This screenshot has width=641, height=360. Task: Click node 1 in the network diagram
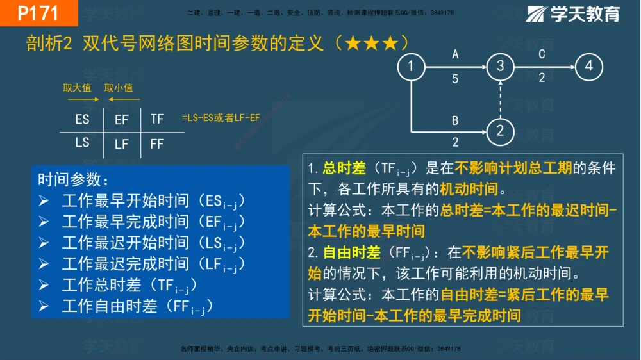(411, 67)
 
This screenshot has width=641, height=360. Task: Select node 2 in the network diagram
(501, 131)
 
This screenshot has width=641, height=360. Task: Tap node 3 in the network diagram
(501, 67)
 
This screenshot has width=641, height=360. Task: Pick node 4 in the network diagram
(588, 67)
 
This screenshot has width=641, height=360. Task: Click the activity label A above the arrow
(455, 54)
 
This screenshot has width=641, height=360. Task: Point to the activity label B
(455, 120)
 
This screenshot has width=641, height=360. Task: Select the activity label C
(542, 54)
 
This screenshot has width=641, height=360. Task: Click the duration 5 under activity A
(455, 79)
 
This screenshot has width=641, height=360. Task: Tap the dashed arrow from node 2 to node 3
(501, 99)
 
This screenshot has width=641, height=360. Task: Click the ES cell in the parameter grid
(82, 119)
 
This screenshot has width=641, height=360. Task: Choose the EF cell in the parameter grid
(121, 120)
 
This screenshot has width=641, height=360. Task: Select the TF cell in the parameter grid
(157, 119)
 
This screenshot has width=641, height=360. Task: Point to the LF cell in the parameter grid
(121, 145)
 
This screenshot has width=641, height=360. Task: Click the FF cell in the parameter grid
(157, 144)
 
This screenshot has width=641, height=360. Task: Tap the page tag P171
(38, 13)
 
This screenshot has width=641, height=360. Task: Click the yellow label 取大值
(77, 88)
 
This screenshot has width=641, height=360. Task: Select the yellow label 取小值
(119, 88)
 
